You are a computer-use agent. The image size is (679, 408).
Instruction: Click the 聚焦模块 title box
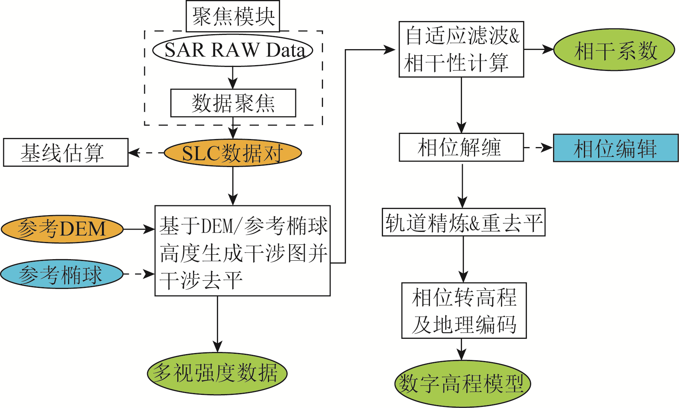pyautogui.click(x=233, y=16)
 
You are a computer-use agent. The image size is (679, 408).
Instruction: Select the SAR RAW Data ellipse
pyautogui.click(x=233, y=50)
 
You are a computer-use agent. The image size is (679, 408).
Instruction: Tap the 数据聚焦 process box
pyautogui.click(x=233, y=103)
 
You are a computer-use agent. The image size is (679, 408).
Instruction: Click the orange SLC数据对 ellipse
pyautogui.click(x=233, y=153)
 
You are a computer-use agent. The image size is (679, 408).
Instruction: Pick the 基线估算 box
pyautogui.click(x=66, y=152)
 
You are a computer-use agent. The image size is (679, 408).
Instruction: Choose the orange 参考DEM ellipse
pyautogui.click(x=62, y=229)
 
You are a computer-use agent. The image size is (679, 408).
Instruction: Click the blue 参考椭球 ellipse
pyautogui.click(x=62, y=274)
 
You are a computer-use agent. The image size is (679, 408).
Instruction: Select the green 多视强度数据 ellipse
pyautogui.click(x=217, y=373)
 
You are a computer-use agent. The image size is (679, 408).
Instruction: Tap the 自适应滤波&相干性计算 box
pyautogui.click(x=461, y=49)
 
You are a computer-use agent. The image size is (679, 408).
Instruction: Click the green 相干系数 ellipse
pyautogui.click(x=614, y=50)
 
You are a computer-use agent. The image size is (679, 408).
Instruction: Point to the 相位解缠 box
pyautogui.click(x=461, y=147)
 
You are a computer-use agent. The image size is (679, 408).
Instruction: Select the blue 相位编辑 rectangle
pyautogui.click(x=616, y=148)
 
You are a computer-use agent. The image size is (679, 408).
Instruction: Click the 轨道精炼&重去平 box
pyautogui.click(x=463, y=222)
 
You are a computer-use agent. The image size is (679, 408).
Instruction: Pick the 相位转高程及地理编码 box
pyautogui.click(x=464, y=310)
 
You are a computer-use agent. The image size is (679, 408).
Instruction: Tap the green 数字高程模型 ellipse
pyautogui.click(x=462, y=384)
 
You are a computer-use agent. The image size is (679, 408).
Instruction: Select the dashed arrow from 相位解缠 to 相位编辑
pyautogui.click(x=538, y=148)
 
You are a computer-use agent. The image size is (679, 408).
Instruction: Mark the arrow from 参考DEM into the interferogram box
pyautogui.click(x=139, y=229)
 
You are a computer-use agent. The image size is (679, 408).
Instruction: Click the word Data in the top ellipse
pyautogui.click(x=285, y=50)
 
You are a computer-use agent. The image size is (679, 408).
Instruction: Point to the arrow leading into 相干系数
pyautogui.click(x=538, y=49)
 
